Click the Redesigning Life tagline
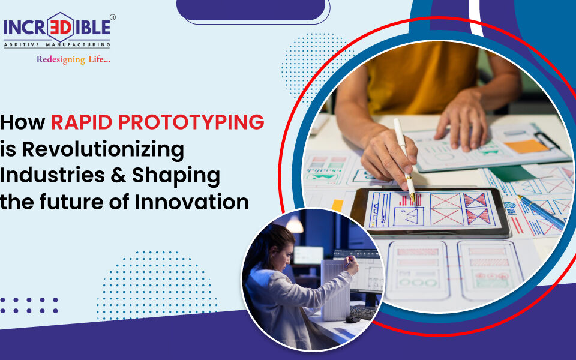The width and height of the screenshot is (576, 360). click(73, 59)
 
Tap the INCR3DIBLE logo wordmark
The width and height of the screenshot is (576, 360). click(57, 28)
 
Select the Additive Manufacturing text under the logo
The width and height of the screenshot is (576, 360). click(57, 44)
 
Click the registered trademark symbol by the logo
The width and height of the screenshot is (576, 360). click(112, 17)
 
